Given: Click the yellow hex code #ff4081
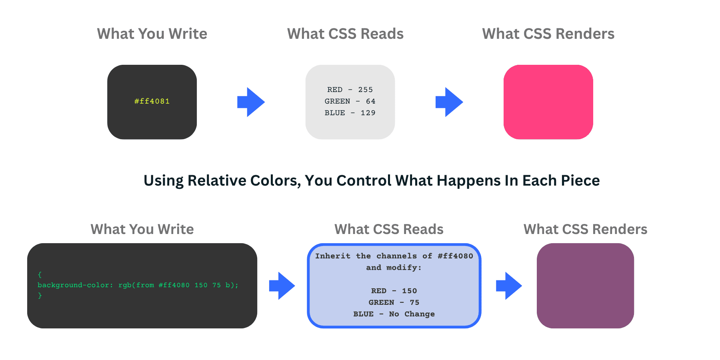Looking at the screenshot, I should coord(152,101).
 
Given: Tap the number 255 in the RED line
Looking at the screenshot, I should coord(365,90).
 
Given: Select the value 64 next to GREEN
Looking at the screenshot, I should coord(370,101).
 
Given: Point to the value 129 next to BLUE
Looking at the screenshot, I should coord(368,113).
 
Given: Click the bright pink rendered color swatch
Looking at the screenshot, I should coord(548,102).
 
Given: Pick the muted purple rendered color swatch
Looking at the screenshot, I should coord(585,286).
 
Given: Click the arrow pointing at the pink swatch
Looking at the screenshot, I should coord(449,102).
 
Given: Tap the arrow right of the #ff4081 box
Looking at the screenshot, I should coord(251,102).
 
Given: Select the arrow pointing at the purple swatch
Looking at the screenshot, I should coord(509,286).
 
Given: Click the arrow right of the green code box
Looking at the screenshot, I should coord(282,286).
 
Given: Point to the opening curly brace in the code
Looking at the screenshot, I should coord(40,275).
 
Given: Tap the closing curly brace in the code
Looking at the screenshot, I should coord(40,296).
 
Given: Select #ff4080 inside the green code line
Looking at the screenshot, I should coord(174,285).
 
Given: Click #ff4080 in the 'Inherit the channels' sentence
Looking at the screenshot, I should coord(455,256).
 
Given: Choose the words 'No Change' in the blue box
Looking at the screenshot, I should coord(412,314).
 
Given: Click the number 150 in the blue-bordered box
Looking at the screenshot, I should coord(409,291).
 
